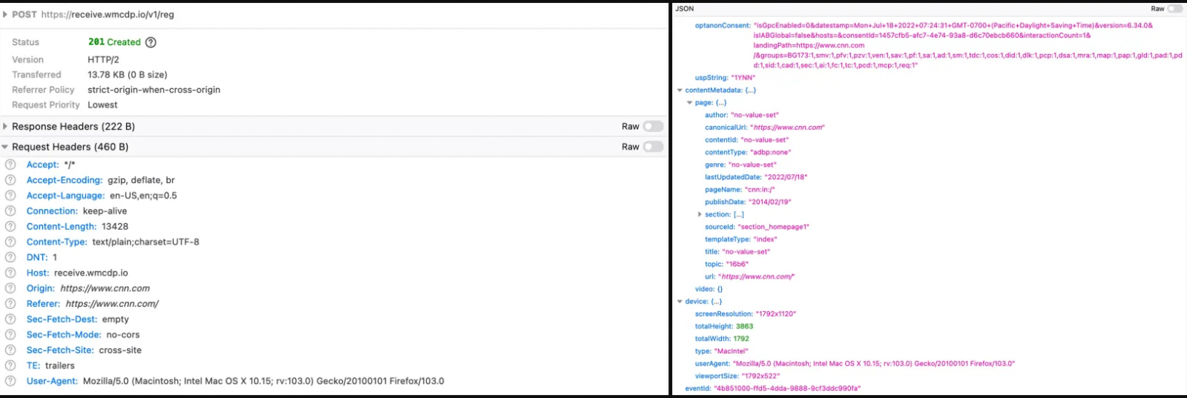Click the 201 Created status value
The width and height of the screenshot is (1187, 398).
click(x=114, y=42)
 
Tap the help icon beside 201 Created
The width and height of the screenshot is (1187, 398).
click(x=151, y=42)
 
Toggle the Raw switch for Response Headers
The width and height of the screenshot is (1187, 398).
click(x=653, y=127)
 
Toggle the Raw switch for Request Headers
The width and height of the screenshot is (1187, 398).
click(x=653, y=147)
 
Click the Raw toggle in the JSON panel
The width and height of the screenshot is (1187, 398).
click(x=1174, y=8)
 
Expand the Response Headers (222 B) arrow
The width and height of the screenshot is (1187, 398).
click(x=5, y=127)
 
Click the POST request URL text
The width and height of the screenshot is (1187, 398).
click(x=108, y=15)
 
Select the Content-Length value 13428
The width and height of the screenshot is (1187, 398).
click(x=115, y=227)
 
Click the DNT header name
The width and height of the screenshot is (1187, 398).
click(x=37, y=257)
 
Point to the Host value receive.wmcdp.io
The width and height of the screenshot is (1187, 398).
click(x=91, y=273)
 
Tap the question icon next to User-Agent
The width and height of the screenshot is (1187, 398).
click(x=10, y=381)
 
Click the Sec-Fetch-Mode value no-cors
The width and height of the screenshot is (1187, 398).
click(x=123, y=335)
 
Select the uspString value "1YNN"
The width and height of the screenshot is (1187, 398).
click(x=743, y=78)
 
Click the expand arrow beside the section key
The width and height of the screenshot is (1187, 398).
click(x=700, y=214)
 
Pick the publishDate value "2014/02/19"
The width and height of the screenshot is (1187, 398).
click(x=769, y=202)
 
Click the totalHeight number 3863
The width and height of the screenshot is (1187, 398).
click(x=745, y=327)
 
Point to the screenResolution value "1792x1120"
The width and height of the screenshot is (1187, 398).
click(x=776, y=314)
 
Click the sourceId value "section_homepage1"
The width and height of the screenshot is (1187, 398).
click(x=774, y=227)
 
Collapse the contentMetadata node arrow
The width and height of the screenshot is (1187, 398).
click(x=680, y=90)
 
